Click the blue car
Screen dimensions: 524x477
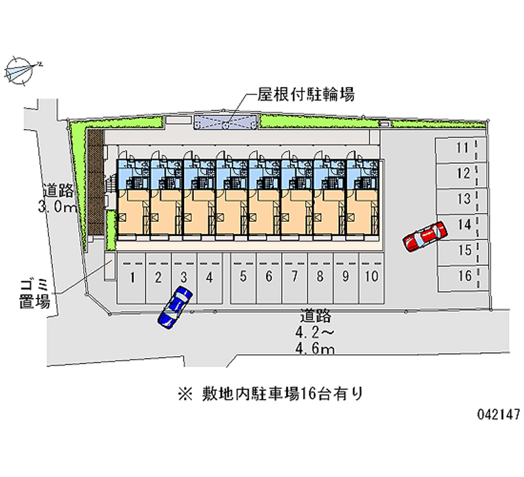click(x=174, y=306)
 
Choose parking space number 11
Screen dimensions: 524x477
click(x=462, y=148)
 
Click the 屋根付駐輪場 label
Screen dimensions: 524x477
click(x=306, y=95)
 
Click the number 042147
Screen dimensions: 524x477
click(x=498, y=415)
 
